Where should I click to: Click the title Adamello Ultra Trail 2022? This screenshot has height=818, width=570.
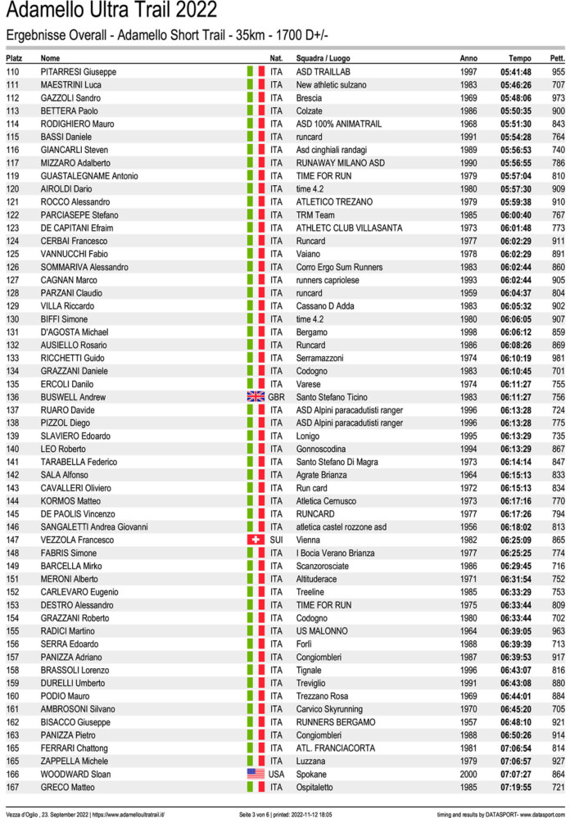click(x=111, y=11)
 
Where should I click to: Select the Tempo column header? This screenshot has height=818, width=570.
click(x=520, y=59)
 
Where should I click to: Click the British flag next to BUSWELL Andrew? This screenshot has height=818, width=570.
click(x=256, y=397)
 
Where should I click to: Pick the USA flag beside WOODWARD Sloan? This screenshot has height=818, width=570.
click(x=256, y=774)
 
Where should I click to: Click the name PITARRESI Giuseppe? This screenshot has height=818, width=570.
click(x=79, y=72)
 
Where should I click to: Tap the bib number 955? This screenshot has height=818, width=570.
click(x=558, y=72)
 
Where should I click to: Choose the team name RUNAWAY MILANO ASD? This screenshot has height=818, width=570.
click(x=340, y=163)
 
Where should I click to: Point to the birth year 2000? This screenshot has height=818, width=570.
click(x=468, y=774)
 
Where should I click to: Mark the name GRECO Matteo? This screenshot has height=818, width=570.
click(x=67, y=787)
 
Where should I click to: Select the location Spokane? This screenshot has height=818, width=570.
click(x=311, y=774)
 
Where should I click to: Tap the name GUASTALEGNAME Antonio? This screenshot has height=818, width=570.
click(x=89, y=176)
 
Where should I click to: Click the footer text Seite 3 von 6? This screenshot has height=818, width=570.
click(x=256, y=813)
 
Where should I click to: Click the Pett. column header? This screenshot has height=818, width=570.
click(x=558, y=59)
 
